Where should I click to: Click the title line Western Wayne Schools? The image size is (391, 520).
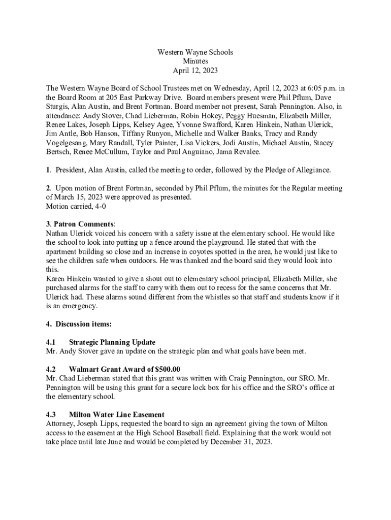coord(195,52)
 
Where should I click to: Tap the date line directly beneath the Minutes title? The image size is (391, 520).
coord(195,71)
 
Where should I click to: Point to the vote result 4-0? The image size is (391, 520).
coord(98,206)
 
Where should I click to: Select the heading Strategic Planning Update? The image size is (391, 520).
coord(112,342)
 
